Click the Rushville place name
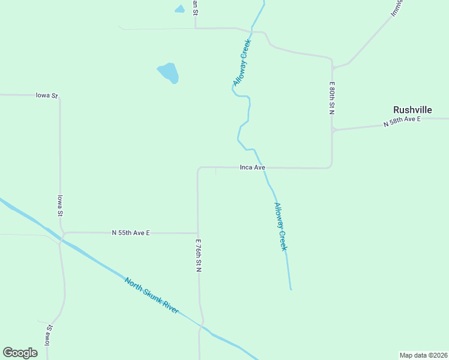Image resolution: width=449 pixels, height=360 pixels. click(x=412, y=110)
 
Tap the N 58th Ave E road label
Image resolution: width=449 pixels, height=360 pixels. click(x=402, y=122)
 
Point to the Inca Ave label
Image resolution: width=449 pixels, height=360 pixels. click(x=252, y=167)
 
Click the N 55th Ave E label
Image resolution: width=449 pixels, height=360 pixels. click(x=130, y=233)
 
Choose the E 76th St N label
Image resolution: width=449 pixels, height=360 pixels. click(x=197, y=256)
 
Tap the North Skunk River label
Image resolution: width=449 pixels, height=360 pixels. click(x=151, y=295)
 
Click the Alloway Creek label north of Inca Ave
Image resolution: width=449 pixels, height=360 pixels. click(x=243, y=62)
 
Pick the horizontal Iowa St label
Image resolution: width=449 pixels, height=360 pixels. click(x=46, y=95)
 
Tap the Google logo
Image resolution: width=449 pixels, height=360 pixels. click(x=20, y=353)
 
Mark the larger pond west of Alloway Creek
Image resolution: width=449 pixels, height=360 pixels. click(x=169, y=73)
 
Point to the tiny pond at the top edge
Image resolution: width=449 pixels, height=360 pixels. click(x=179, y=9)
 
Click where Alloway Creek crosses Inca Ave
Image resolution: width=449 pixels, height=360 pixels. click(x=263, y=168)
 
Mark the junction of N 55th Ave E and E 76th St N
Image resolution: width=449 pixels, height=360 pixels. click(x=197, y=233)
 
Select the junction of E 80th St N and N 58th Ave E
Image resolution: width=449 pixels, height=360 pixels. click(x=332, y=130)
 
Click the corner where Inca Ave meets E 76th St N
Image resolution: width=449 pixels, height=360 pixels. click(x=199, y=169)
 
